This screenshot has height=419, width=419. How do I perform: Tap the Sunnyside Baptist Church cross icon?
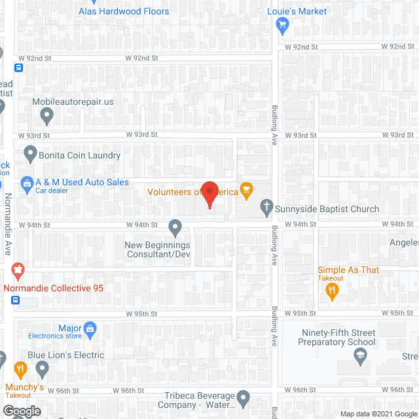(266, 208)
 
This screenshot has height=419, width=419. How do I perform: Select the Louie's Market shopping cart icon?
(282, 25)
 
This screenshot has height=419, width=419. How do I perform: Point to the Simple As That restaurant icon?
(332, 291)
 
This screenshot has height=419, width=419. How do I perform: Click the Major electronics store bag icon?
(90, 328)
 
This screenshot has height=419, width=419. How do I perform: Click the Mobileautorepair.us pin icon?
(46, 116)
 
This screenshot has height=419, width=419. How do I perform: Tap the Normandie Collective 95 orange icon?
(18, 270)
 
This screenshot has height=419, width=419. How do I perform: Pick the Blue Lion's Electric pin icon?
(43, 369)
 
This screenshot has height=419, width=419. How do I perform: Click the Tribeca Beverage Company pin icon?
(244, 397)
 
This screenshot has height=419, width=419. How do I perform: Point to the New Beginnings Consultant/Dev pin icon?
(175, 227)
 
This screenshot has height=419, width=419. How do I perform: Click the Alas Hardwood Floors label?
(124, 11)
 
